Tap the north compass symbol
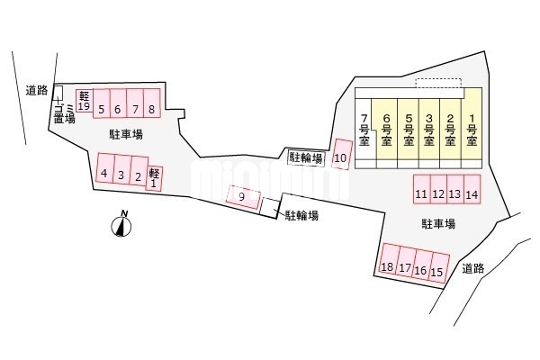click(121, 225)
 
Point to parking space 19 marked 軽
click(84, 101)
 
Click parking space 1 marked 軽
click(154, 177)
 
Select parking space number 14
click(472, 192)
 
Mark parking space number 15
click(438, 270)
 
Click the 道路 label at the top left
click(36, 88)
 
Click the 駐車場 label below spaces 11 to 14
click(437, 222)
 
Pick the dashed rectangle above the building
click(437, 83)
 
